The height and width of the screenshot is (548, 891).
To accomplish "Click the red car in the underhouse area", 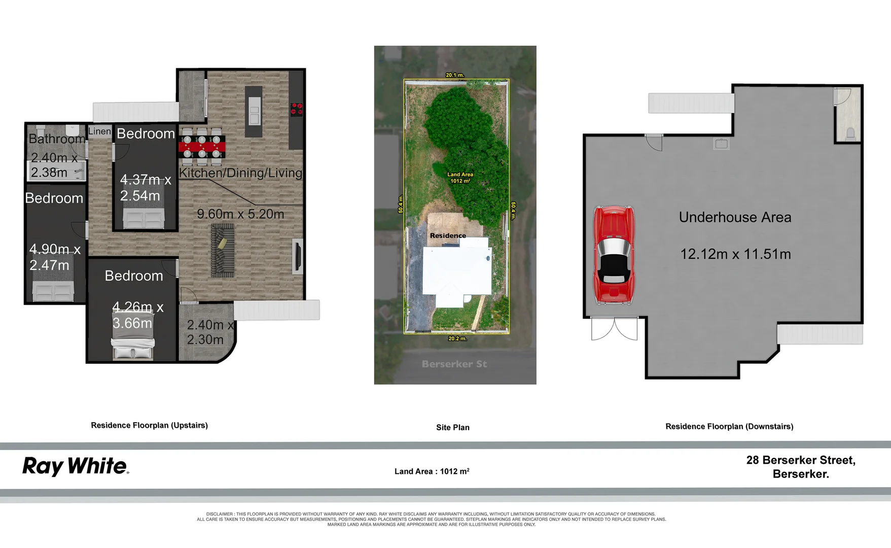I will pos(614,255).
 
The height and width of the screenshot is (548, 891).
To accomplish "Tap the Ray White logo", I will pos(76,466).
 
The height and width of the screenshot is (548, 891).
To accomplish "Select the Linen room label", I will pos(99,131).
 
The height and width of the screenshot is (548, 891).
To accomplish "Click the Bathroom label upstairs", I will pos(57,139).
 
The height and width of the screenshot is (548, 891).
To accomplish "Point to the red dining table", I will pos(202,147).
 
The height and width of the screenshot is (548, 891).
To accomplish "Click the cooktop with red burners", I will pos(296,109).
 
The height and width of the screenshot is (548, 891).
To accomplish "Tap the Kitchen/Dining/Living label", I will pos(240,173).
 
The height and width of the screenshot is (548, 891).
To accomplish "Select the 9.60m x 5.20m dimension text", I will pos(240,214).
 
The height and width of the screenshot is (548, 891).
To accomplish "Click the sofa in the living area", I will pos(223,251).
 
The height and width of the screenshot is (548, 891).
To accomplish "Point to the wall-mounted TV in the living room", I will pos(297,258).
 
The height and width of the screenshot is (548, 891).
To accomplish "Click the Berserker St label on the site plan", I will pos(454,364).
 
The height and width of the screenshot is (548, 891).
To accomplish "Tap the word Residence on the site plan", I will pos(448,235).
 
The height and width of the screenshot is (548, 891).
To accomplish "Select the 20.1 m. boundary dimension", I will pos(455,75).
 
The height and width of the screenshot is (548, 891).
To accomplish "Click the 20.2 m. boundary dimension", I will pos(457,338).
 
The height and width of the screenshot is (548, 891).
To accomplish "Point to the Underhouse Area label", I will pos(735,217).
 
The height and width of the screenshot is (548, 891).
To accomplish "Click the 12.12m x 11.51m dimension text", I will pos(735,254).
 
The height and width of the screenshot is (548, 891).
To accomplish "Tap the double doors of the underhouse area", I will pos(614,328).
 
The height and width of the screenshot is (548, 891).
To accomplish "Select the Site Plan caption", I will pos(453,427).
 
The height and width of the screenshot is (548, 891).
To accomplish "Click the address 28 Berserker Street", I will pos(801,460).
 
